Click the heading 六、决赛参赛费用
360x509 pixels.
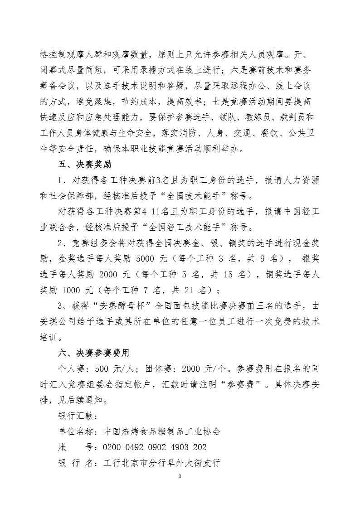point(95,352)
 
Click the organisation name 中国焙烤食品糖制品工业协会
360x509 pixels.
point(162,431)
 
